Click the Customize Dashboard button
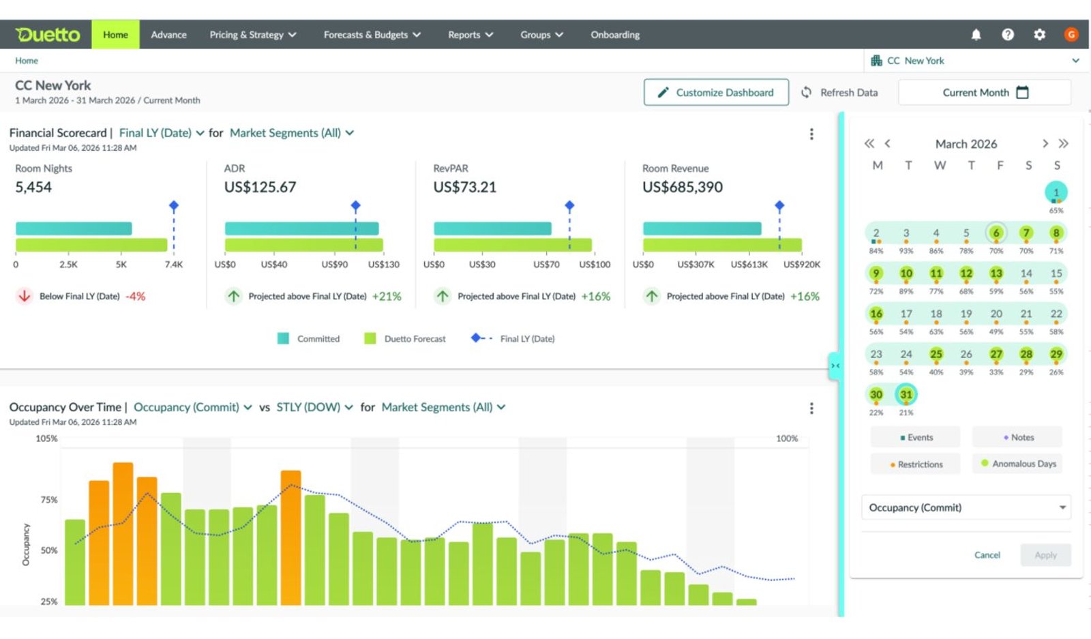[x=716, y=93]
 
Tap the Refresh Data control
[x=839, y=93]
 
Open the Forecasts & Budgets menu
[x=372, y=35]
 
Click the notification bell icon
[x=976, y=35]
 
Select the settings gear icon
[x=1039, y=35]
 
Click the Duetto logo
[x=47, y=35]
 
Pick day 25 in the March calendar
[x=936, y=354]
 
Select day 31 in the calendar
[x=906, y=394]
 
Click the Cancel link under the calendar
[x=987, y=554]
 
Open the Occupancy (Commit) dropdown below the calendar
[x=966, y=507]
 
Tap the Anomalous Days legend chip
[x=1018, y=464]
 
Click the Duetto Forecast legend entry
[x=405, y=338]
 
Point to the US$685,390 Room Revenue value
[x=683, y=187]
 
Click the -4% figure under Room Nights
[x=136, y=296]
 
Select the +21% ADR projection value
[x=387, y=296]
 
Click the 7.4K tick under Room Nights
[x=173, y=265]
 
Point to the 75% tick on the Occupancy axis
[x=48, y=500]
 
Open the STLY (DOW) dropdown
[x=314, y=407]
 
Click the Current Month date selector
[x=985, y=93]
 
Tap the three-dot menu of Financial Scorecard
[x=811, y=134]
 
